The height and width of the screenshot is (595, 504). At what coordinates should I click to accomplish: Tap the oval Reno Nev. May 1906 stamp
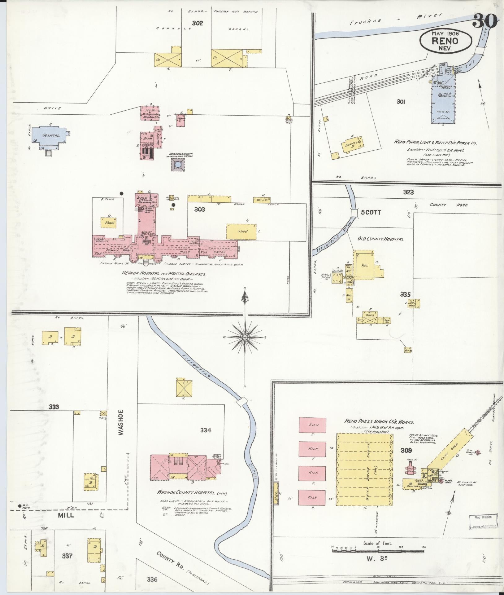point(446,41)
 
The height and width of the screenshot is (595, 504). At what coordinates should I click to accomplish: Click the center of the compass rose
point(245,337)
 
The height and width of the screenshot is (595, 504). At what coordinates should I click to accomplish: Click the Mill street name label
point(66,515)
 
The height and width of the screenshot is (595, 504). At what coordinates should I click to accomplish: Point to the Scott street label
point(371,213)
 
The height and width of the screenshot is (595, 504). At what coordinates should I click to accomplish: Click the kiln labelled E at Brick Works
point(312,425)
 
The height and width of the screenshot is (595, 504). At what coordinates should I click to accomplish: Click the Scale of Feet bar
point(379,551)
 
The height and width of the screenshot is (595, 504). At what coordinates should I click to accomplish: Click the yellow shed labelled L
point(241,231)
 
